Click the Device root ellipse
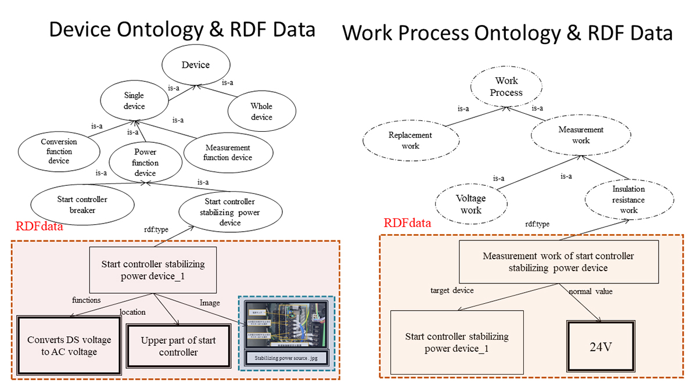coord(195,64)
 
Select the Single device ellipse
coord(134,101)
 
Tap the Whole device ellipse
coord(261,112)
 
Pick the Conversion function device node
coord(59,151)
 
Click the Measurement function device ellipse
coord(228,152)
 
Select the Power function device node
coord(145,163)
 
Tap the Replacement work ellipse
coord(410,141)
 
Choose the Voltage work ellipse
coord(471,204)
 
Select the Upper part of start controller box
coord(178,346)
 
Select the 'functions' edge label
coord(87,300)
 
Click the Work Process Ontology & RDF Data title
coord(508,33)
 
